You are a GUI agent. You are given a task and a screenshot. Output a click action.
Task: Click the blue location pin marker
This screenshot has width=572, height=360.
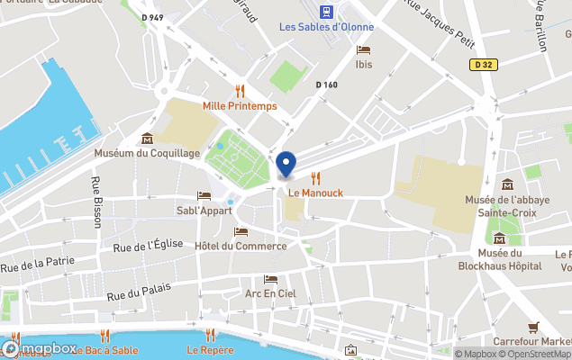tap(286, 165)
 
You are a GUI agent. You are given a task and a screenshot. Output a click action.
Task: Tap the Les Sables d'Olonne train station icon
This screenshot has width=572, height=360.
tap(326, 12)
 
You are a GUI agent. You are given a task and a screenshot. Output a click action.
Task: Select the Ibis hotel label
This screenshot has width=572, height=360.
tap(364, 64)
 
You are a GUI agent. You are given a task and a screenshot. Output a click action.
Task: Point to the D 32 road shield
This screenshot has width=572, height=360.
tap(484, 64)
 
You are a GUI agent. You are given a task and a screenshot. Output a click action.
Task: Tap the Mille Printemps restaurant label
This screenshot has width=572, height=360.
tap(240, 105)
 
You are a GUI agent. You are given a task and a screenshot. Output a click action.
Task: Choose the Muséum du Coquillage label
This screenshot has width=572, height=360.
tap(147, 153)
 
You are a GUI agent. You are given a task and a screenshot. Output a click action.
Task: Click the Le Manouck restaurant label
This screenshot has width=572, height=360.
tap(315, 193)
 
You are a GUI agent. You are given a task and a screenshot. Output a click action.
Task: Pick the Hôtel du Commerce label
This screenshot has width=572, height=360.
tap(241, 246)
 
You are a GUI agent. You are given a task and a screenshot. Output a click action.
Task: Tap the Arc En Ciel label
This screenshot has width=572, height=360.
tap(270, 293)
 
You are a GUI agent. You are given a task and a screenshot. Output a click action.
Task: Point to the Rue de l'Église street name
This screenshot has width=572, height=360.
tap(148, 245)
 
